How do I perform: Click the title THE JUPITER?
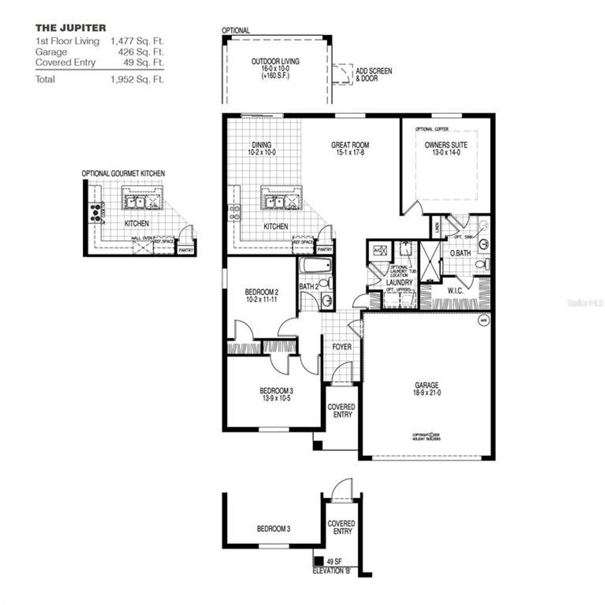tap(71, 28)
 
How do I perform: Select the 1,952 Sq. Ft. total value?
tap(137, 79)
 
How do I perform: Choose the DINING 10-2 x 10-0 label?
tap(261, 149)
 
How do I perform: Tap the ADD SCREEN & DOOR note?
tap(373, 75)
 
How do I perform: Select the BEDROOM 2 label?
tap(261, 296)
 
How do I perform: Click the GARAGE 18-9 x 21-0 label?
tap(427, 389)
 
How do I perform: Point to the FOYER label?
tap(342, 347)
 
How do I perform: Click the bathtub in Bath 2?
tap(315, 266)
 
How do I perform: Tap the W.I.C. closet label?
tap(454, 291)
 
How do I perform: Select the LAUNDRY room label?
tap(399, 283)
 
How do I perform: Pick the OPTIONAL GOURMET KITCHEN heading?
tap(123, 174)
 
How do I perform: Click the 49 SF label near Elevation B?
tap(334, 562)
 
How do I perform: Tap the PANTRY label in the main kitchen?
tap(325, 250)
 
